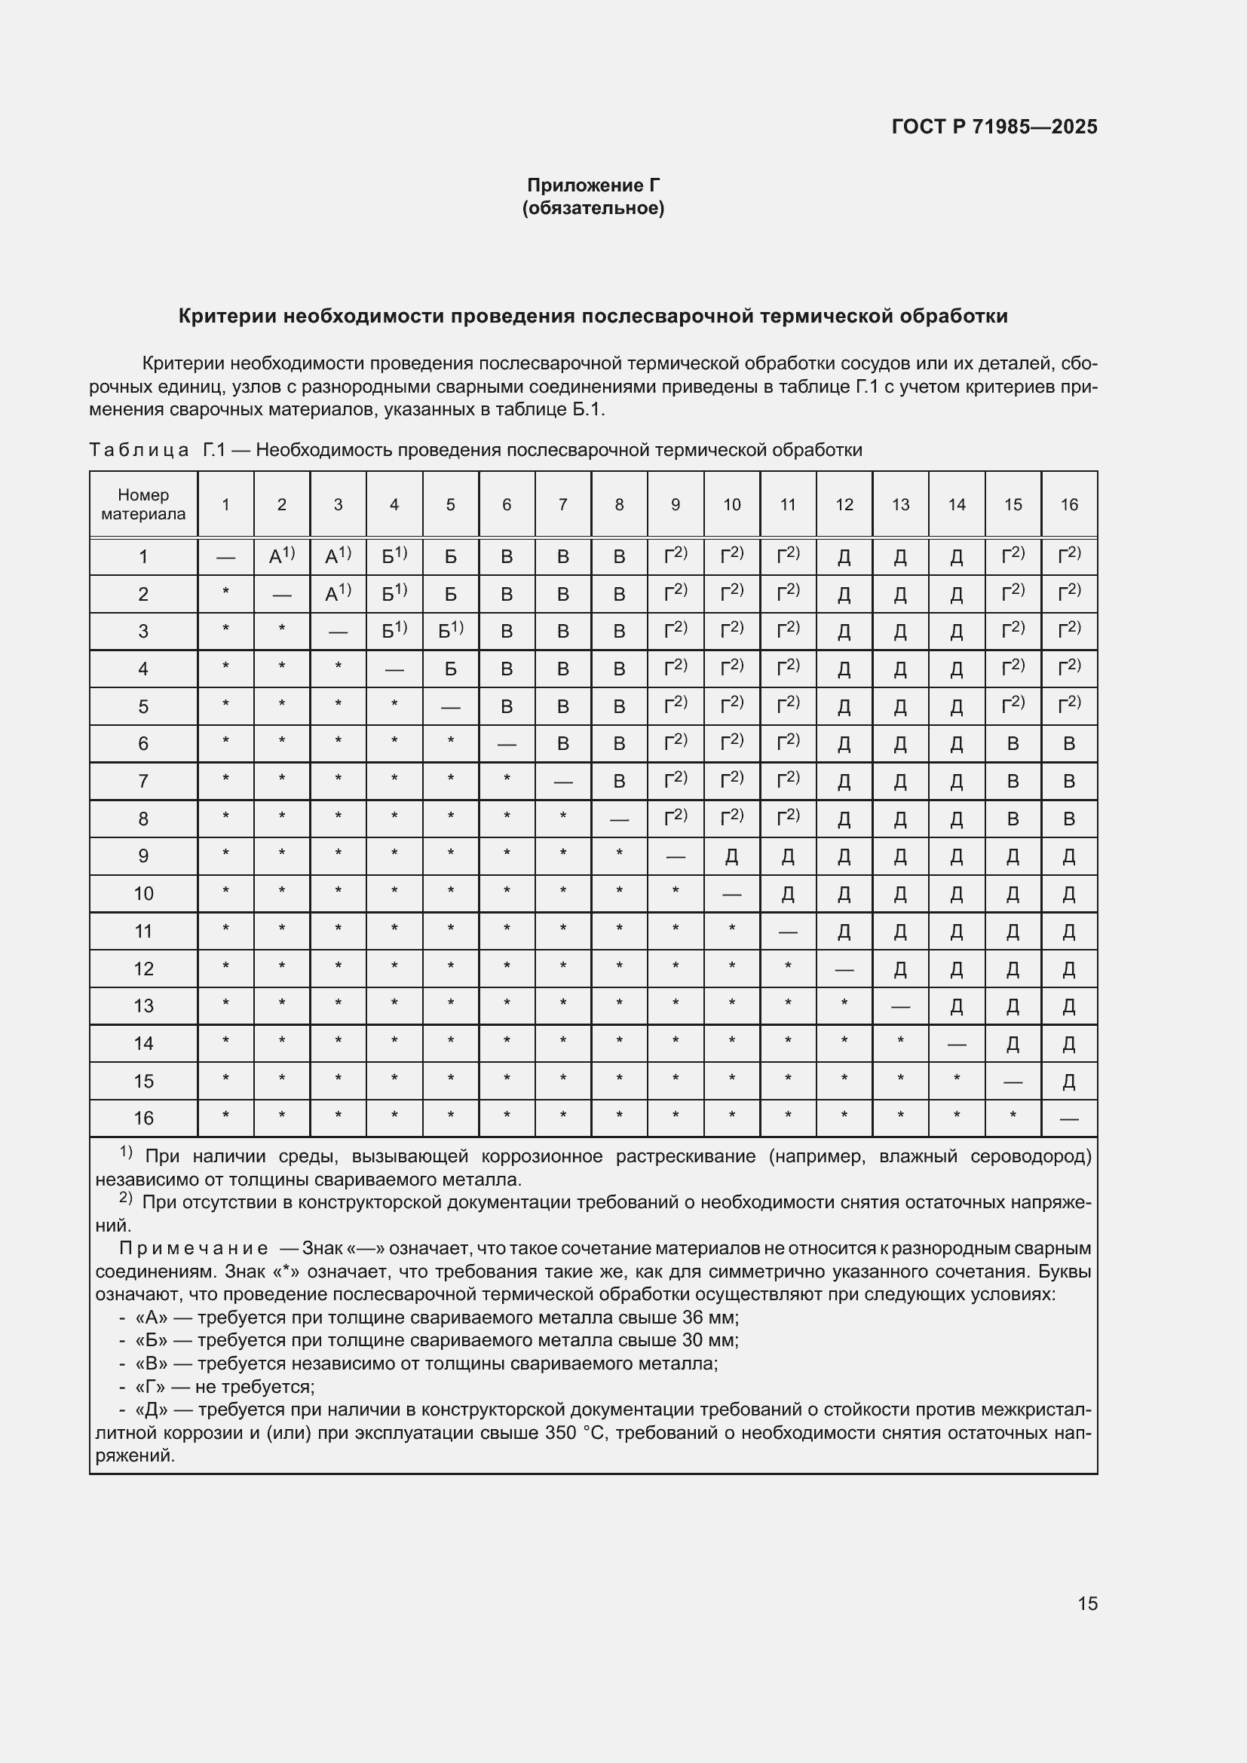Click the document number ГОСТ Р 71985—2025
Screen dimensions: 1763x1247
[994, 127]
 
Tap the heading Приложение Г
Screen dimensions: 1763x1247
[593, 185]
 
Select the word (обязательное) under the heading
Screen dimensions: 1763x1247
[593, 208]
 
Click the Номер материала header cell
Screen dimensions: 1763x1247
[143, 504]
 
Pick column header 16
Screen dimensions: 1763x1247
[1069, 504]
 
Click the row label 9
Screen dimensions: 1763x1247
[143, 856]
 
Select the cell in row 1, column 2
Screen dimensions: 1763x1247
[282, 557]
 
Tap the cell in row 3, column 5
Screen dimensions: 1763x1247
[451, 630]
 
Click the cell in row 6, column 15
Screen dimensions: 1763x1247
[1013, 743]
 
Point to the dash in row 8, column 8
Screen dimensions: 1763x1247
[619, 820]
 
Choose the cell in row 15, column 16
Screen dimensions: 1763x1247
[1069, 1082]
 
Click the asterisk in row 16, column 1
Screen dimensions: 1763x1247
[225, 1117]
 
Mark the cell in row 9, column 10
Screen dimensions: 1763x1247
[732, 856]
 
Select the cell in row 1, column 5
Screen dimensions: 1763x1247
[451, 557]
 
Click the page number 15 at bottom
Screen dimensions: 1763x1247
[1087, 1603]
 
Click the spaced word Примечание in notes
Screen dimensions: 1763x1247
[194, 1248]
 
